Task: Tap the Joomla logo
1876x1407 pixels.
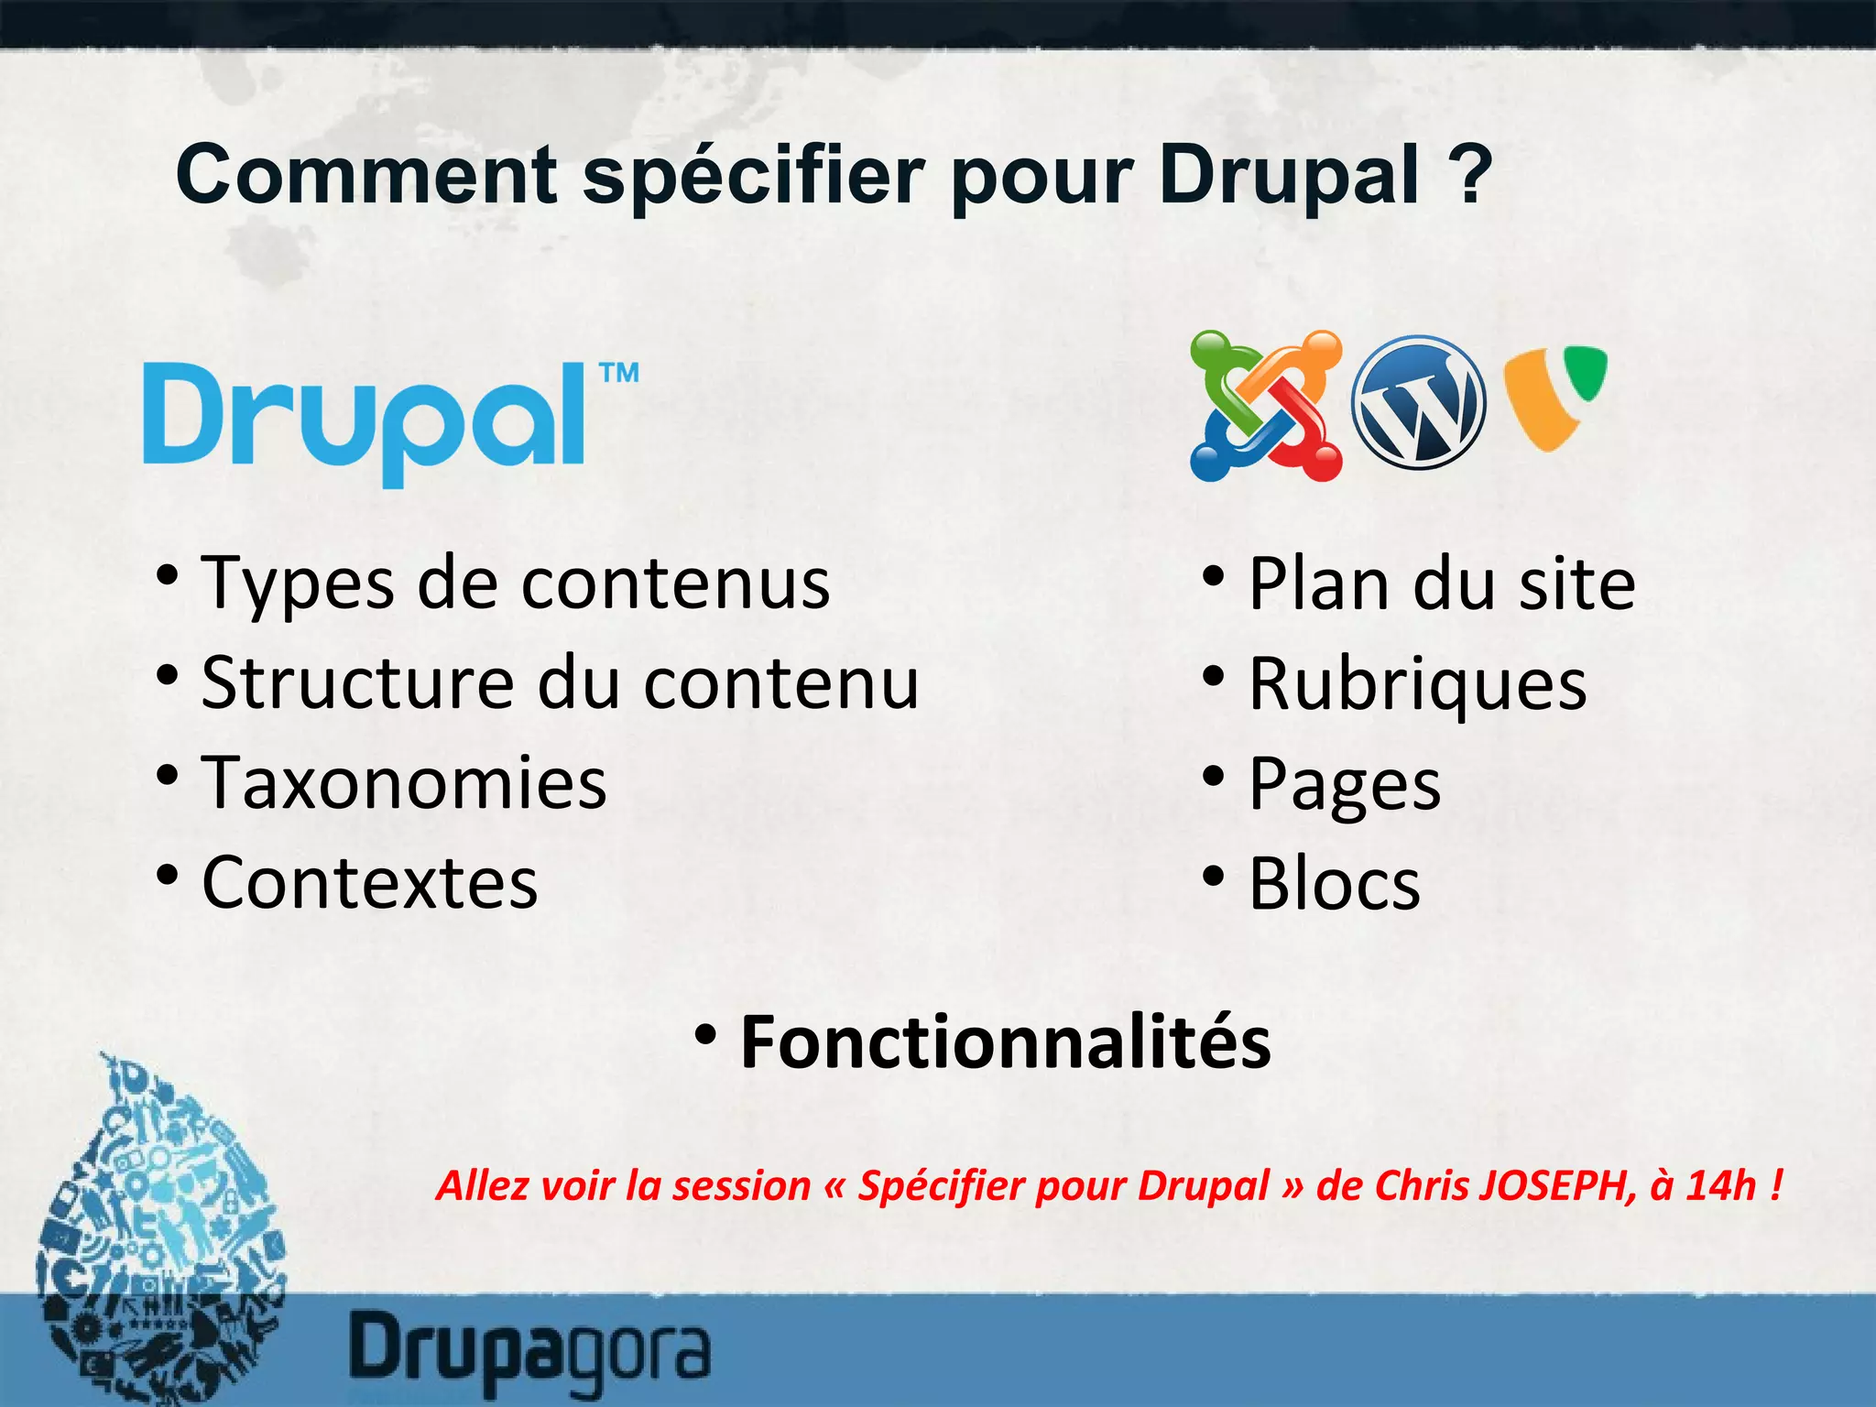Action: point(1266,405)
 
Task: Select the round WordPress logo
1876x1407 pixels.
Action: point(1419,403)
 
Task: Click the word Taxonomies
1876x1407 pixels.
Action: point(404,783)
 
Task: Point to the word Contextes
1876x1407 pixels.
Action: point(370,883)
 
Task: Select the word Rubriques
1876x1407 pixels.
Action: point(1418,684)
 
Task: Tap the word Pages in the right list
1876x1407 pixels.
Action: point(1345,785)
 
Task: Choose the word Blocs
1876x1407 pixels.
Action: point(1335,884)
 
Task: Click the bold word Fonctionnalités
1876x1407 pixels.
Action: point(1006,1042)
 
